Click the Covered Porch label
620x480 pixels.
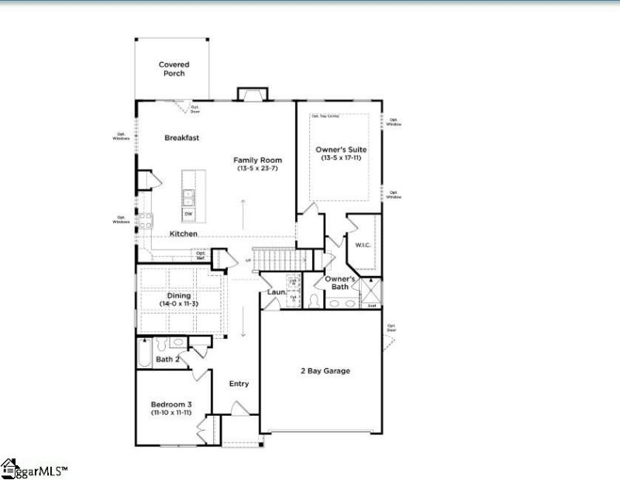(174, 69)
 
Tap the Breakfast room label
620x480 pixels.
(182, 137)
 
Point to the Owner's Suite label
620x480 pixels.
(340, 149)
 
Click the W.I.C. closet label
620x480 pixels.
(363, 245)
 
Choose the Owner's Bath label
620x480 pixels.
(340, 282)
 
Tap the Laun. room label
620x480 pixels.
(277, 292)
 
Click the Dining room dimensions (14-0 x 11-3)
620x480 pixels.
(179, 302)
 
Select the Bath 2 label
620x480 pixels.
(167, 359)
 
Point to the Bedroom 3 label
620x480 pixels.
(171, 404)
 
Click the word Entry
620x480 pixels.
(239, 384)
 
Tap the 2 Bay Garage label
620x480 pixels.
(325, 371)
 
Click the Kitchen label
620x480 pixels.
(184, 233)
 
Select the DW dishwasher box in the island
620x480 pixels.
(188, 213)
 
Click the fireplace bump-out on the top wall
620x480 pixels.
(251, 95)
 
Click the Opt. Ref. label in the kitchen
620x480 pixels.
(201, 254)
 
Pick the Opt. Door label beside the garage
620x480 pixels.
(391, 329)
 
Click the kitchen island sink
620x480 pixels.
(188, 195)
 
